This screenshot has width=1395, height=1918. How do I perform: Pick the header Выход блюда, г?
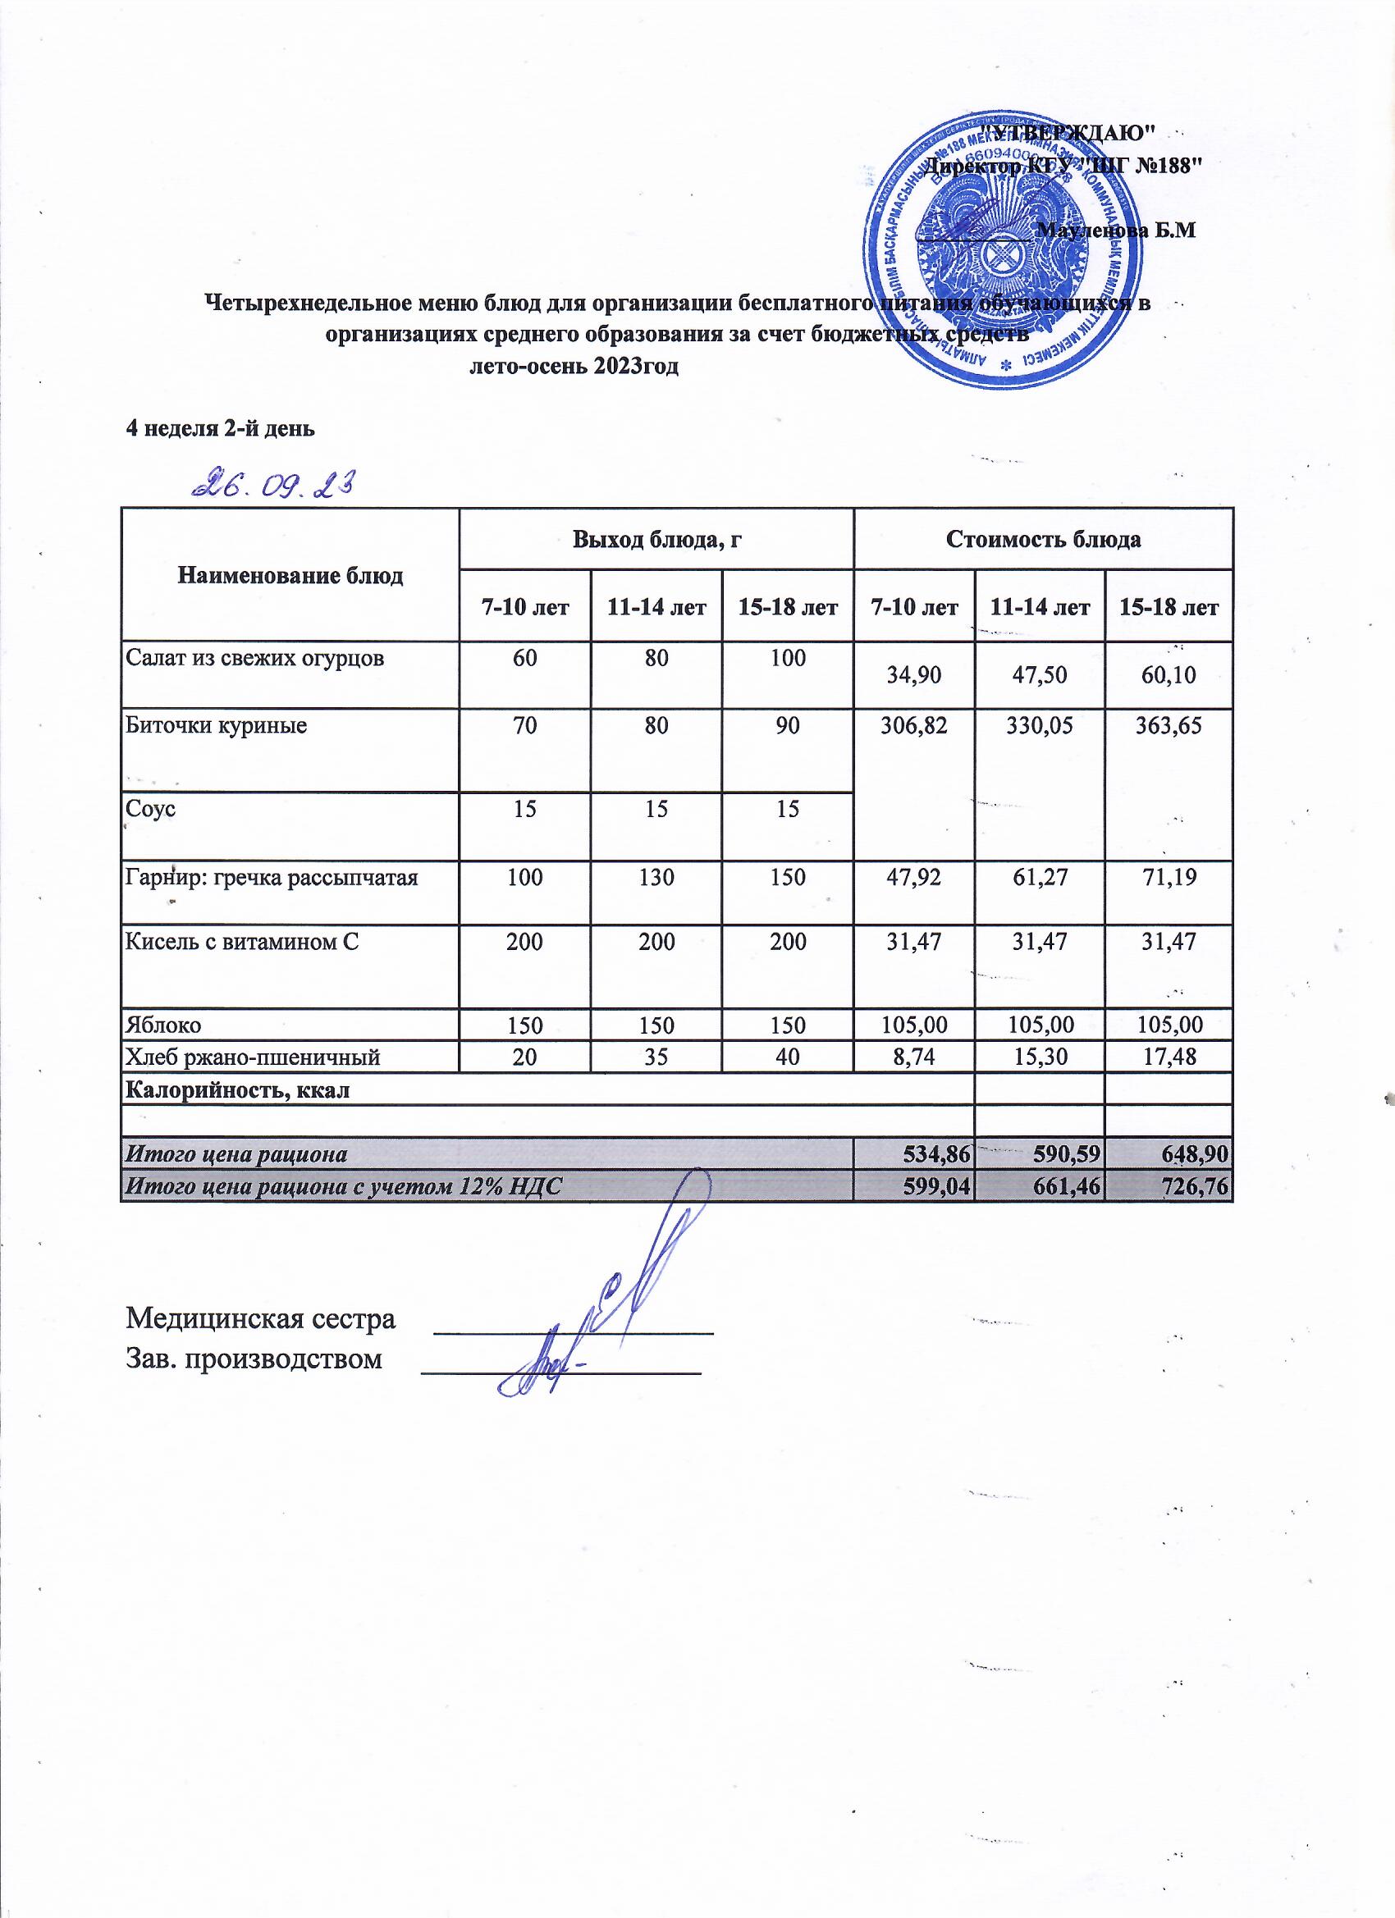pos(656,540)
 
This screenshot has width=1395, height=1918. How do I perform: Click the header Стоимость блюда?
pos(1043,540)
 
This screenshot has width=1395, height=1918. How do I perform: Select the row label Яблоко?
pos(163,1025)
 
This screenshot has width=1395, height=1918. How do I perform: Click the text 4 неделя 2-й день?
pos(220,428)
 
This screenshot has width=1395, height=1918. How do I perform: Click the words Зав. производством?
pos(254,1360)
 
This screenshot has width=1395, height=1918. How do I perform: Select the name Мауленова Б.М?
pos(1116,229)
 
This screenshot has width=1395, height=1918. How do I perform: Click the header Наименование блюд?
pos(290,576)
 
